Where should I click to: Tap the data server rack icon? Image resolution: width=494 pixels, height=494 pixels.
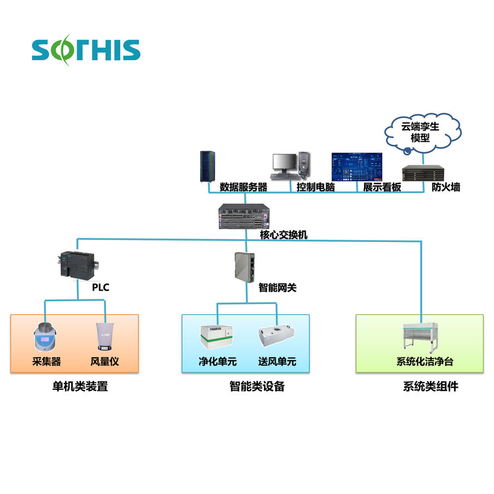206,166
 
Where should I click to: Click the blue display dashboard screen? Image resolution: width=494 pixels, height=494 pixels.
356,166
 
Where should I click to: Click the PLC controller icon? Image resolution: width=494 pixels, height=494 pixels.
77,265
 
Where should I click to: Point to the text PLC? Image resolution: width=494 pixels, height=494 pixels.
101,288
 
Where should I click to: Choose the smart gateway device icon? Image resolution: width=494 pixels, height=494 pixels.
245,266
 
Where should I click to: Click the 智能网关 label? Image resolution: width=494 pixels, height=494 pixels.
278,288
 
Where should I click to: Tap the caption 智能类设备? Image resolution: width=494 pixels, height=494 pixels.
257,386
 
